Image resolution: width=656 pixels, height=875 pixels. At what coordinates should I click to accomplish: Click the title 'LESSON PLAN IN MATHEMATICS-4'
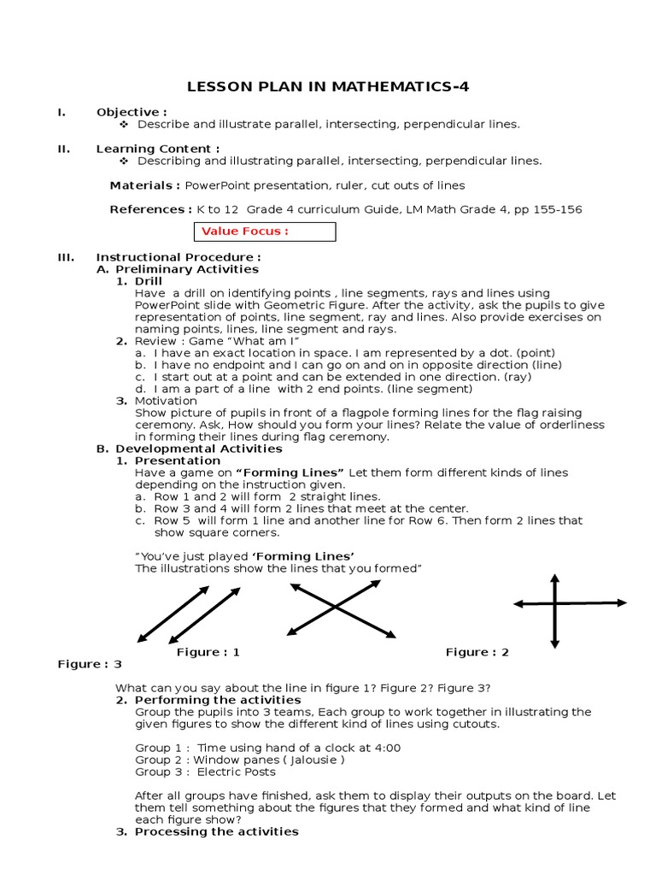(328, 86)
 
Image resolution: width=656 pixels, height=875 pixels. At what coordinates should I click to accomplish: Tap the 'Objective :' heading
(131, 112)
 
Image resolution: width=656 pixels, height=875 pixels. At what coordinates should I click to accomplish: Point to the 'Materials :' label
(144, 185)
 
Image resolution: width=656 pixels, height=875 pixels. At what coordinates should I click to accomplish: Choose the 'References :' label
(150, 209)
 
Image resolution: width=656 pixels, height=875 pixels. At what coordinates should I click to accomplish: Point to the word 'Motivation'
(166, 401)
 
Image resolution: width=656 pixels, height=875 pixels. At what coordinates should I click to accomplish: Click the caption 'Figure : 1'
(208, 652)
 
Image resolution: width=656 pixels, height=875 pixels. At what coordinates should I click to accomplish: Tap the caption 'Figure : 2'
(477, 652)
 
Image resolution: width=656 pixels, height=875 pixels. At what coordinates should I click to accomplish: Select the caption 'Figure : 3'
(90, 664)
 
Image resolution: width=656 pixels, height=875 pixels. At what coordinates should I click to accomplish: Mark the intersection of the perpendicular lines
(556, 604)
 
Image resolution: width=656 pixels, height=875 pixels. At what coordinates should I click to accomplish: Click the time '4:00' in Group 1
(385, 748)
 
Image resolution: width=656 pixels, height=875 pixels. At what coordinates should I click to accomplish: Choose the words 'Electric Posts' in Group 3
(237, 772)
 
